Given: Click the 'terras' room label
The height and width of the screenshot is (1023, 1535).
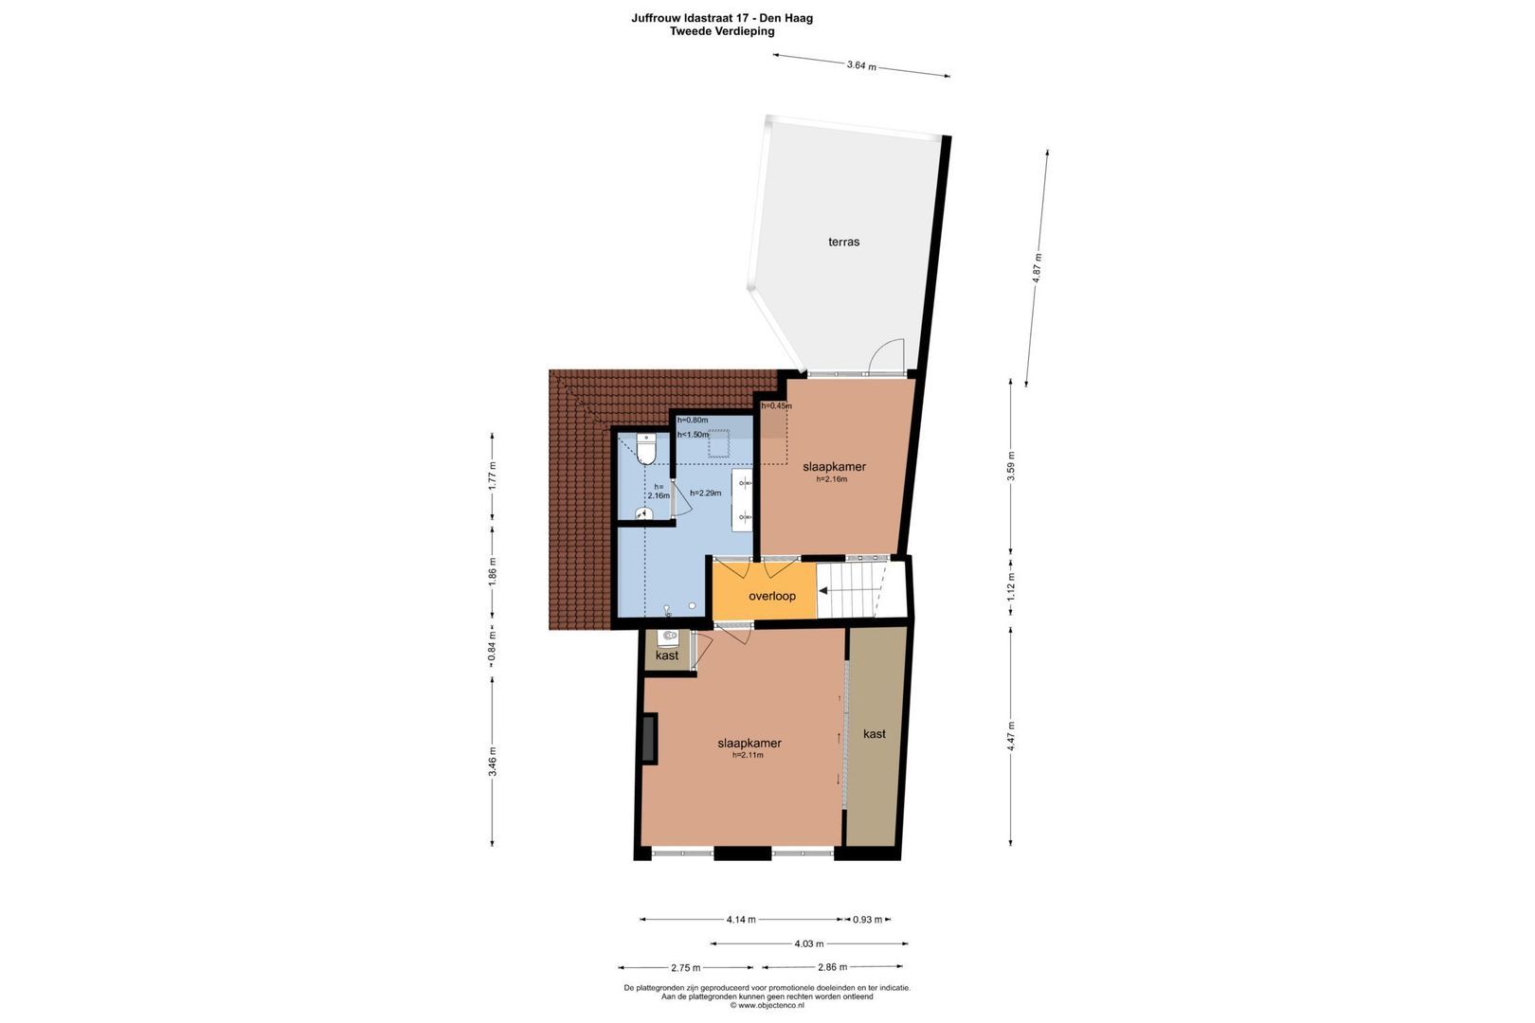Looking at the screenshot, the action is (x=843, y=242).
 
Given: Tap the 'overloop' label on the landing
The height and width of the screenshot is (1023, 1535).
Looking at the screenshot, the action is (x=771, y=596).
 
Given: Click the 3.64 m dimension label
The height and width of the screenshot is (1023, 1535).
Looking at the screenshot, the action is (x=861, y=65).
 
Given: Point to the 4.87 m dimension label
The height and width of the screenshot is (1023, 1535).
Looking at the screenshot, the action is (x=1038, y=266).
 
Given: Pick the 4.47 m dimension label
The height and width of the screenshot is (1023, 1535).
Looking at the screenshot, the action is (x=1011, y=736).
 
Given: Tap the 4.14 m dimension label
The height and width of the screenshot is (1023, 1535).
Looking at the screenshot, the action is (x=741, y=920).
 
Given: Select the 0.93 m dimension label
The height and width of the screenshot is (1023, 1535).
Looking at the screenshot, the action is (x=867, y=920).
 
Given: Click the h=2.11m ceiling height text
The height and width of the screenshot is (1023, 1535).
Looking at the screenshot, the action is (x=748, y=755).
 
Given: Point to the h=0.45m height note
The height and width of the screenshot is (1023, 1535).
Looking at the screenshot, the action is (x=776, y=405).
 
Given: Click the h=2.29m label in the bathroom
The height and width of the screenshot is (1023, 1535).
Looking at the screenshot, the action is (x=705, y=493).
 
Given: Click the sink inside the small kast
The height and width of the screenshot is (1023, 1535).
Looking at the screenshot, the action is (x=667, y=637).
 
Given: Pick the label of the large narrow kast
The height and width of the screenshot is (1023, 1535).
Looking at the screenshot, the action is (x=875, y=734).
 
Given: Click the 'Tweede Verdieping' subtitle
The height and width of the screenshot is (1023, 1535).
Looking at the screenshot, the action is (x=722, y=31).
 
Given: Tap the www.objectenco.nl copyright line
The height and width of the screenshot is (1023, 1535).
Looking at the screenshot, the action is (x=767, y=1006).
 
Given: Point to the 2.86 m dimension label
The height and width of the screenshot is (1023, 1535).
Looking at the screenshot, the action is (x=833, y=967).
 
